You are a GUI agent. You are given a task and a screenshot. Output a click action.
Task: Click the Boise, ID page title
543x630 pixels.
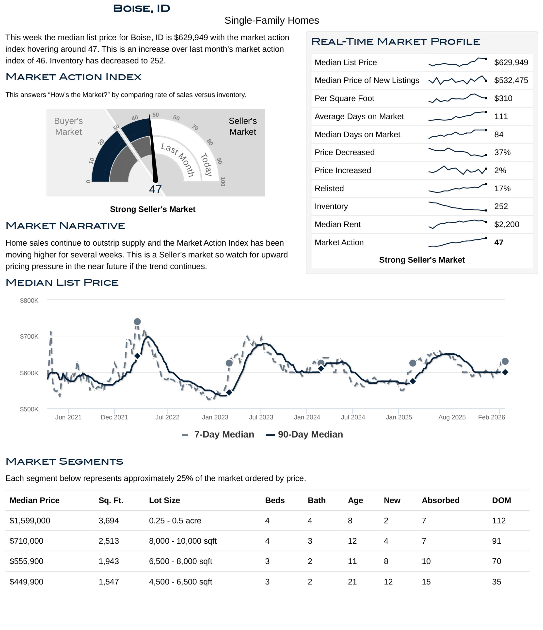(x=142, y=9)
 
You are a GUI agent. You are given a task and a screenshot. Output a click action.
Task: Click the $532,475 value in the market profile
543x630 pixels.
(x=511, y=80)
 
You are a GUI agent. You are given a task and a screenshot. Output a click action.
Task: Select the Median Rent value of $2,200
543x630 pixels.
(x=507, y=224)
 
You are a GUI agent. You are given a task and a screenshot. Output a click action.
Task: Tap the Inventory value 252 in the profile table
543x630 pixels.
(x=501, y=206)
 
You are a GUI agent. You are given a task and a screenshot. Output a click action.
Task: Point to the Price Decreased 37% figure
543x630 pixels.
(x=502, y=152)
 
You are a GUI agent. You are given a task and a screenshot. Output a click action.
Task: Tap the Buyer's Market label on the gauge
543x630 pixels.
(x=68, y=126)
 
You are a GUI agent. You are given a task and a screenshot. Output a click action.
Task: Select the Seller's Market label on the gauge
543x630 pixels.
(x=242, y=126)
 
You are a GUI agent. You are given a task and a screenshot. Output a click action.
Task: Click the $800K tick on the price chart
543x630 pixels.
(x=29, y=301)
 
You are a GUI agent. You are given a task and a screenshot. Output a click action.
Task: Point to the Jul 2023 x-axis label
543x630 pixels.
(x=261, y=417)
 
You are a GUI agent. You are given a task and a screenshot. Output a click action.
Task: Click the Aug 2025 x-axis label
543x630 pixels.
(x=452, y=417)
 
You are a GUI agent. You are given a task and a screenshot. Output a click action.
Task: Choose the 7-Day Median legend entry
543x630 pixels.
(x=218, y=435)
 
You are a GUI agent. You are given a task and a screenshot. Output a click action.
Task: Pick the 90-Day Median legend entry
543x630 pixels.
(x=304, y=435)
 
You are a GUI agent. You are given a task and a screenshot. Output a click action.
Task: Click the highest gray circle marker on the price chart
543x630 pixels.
(x=137, y=322)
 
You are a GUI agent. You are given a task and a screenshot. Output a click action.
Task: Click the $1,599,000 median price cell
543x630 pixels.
(x=30, y=520)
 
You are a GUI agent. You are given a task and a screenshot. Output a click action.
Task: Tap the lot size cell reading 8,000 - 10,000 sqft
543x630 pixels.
(x=183, y=541)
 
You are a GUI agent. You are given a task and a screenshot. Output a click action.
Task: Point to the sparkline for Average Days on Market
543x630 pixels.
(x=457, y=116)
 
